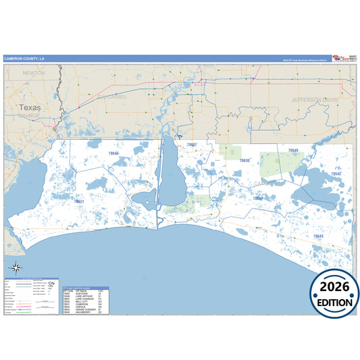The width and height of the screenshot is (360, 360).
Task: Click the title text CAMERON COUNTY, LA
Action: pos(25,59)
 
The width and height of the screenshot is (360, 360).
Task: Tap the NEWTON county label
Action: pos(34,72)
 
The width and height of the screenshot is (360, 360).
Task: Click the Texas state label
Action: pos(30,107)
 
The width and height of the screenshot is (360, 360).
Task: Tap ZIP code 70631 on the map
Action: pos(79,201)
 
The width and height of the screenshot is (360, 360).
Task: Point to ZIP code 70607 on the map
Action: pos(192,145)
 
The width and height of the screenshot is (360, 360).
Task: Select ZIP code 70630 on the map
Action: pos(245,161)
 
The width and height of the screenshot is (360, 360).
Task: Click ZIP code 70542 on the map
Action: pos(336,174)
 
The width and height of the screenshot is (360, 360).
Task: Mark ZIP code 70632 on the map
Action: pos(258,199)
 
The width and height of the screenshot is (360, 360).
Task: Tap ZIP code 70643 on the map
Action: pos(318,236)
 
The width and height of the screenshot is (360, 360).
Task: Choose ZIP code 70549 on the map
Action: pos(293,150)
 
